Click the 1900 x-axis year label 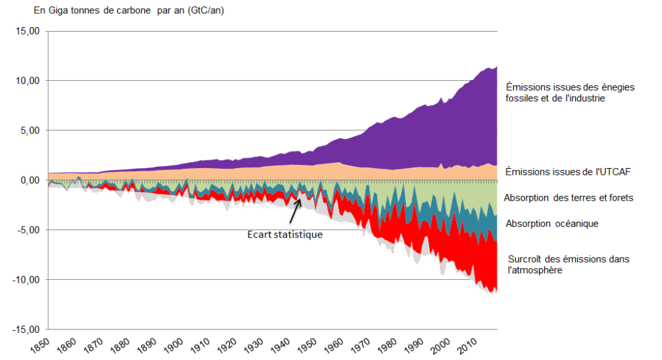click(x=175, y=345)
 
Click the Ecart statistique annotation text click(x=285, y=234)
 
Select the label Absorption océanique click(x=552, y=224)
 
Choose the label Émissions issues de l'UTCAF click(x=568, y=171)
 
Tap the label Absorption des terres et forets click(x=569, y=197)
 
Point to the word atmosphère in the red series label click(x=536, y=270)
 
